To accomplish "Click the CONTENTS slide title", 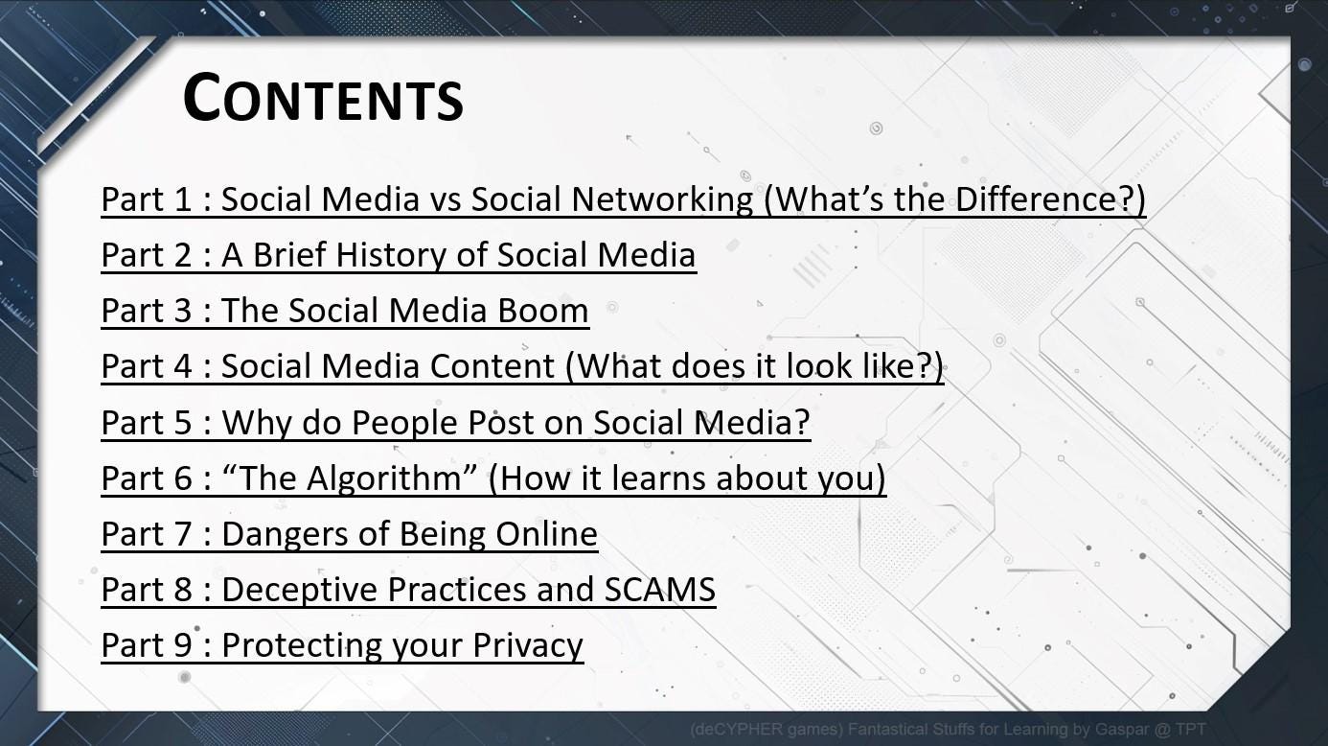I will click(x=323, y=98).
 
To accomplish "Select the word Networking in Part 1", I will click(x=662, y=198).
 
